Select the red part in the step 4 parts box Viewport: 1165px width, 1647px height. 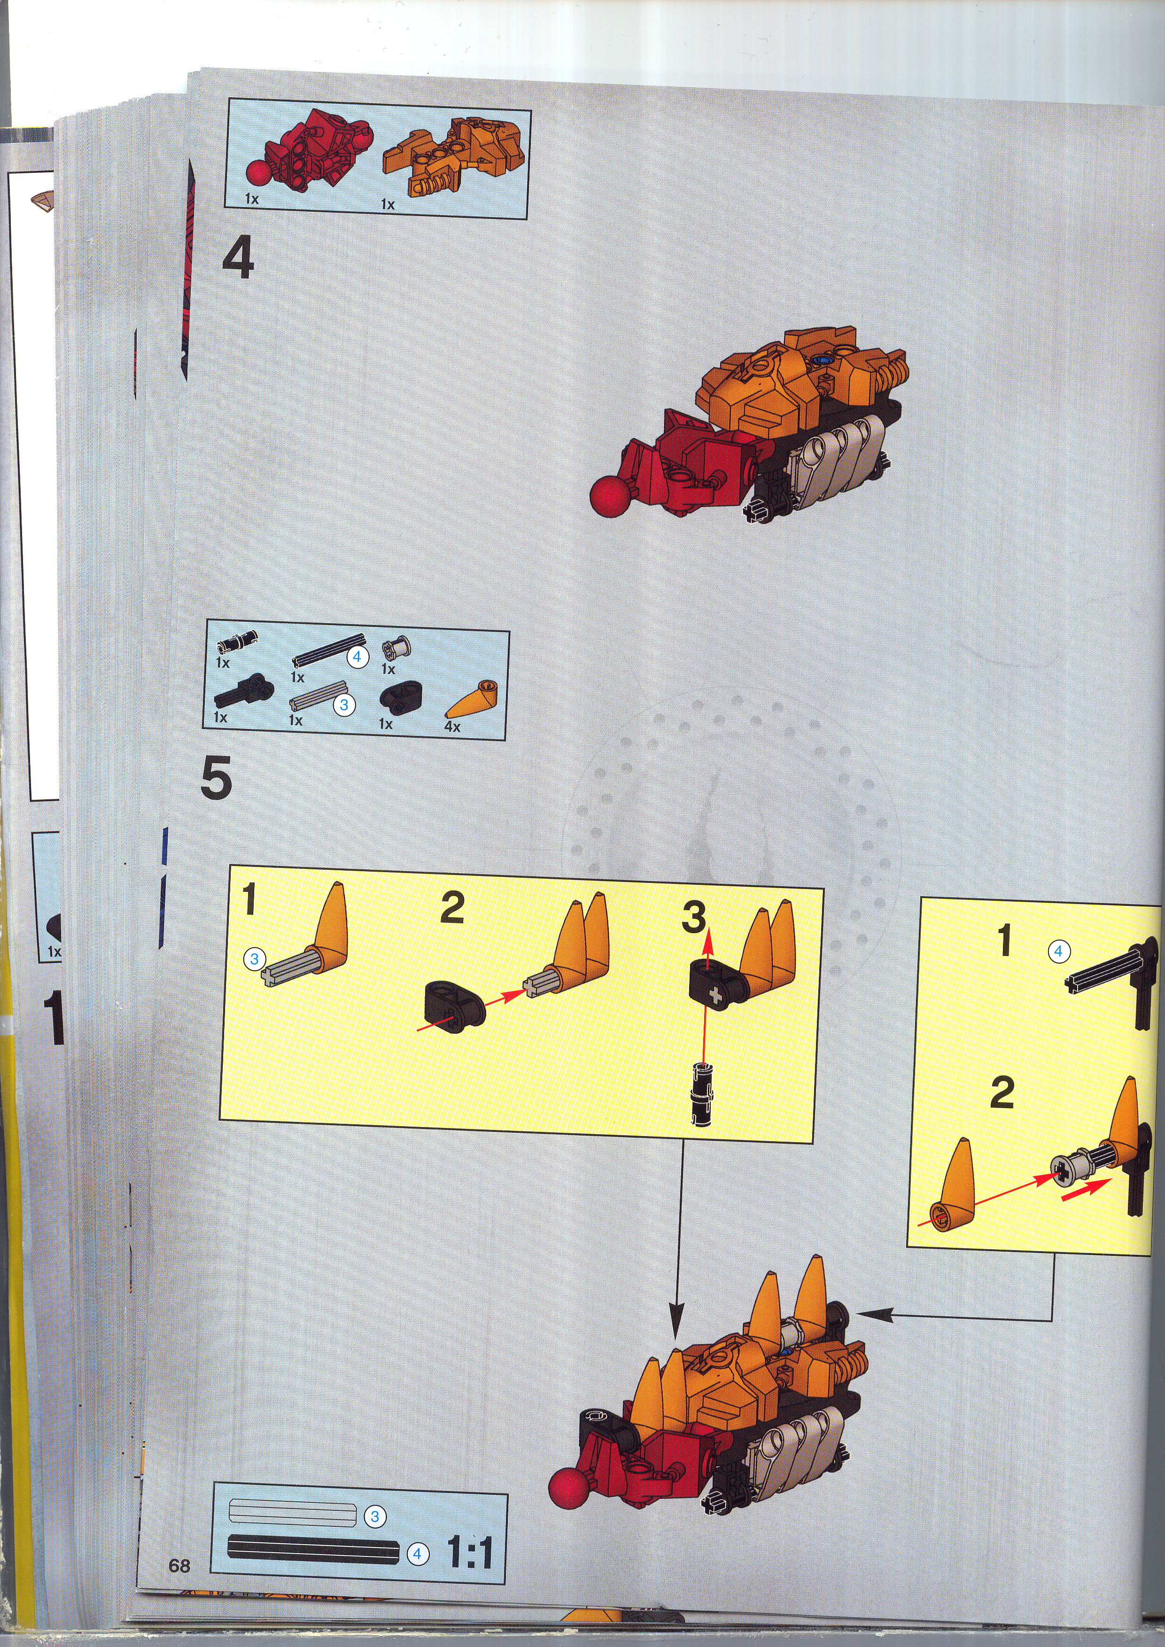coord(309,152)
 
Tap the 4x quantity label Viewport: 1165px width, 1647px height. coord(452,727)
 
